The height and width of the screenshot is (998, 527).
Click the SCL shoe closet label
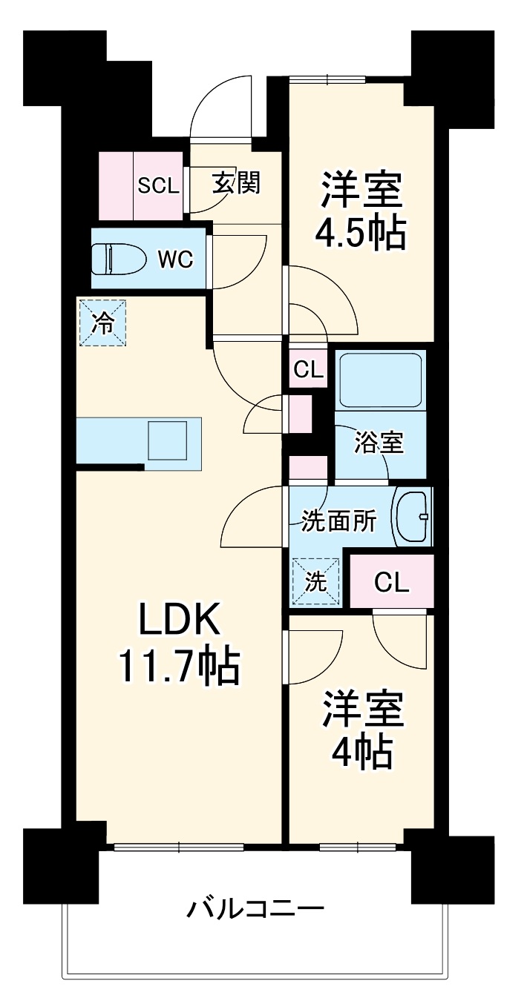pos(158,185)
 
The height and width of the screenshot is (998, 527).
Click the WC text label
pos(176,260)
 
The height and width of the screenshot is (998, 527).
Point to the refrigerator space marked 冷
pos(103,323)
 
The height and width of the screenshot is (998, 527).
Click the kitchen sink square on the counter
pos(168,443)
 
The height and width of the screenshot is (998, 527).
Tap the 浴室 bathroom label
pos(379,443)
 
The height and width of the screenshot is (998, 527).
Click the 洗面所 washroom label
pos(338,521)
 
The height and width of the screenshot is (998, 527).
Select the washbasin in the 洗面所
pos(412,517)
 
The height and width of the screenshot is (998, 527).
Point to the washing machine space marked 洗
pos(316,582)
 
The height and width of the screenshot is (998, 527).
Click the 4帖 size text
pos(361,753)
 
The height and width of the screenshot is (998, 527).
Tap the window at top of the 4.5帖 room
pos(327,79)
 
